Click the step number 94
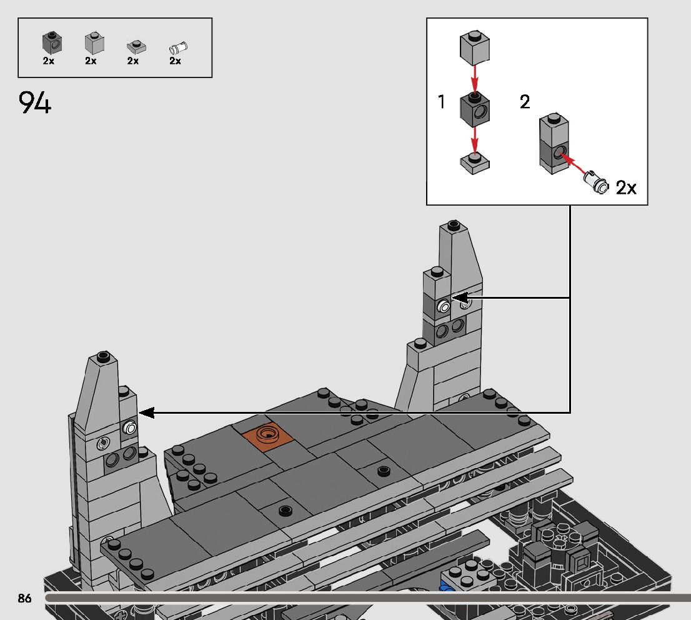tap(35, 102)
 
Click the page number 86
tap(25, 598)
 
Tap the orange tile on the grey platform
tap(267, 435)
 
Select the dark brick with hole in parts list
tap(52, 42)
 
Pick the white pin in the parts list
tap(179, 47)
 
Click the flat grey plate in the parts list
tap(136, 47)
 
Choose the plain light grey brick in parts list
tap(94, 42)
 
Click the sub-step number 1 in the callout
tap(442, 102)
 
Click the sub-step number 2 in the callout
tap(524, 102)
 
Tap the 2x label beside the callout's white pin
tap(626, 188)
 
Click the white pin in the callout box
tap(596, 181)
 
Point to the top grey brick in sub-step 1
tap(475, 47)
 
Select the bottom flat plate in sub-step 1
tap(475, 163)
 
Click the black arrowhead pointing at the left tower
tap(147, 412)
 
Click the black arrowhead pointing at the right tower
tap(460, 297)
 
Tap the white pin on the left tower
tap(129, 427)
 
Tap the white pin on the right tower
tap(444, 306)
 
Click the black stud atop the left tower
tap(104, 356)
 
